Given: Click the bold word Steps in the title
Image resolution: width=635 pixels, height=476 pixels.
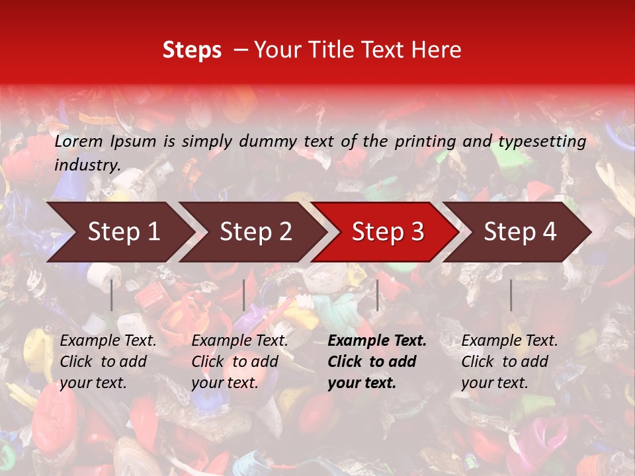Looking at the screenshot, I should click(x=192, y=50).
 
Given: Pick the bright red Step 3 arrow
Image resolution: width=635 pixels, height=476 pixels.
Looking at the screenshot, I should click(x=388, y=232).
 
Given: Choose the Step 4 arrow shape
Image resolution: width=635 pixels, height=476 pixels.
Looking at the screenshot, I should click(x=520, y=232).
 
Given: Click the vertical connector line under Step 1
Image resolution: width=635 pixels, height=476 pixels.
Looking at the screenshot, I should click(x=112, y=295).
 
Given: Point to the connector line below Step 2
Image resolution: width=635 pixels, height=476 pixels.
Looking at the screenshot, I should click(x=244, y=295).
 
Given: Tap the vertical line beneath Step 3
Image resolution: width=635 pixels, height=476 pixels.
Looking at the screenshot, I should click(x=377, y=295).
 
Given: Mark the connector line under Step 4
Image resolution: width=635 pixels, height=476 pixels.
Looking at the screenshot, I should click(x=511, y=295).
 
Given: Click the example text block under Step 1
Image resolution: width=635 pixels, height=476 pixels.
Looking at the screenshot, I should click(x=108, y=362).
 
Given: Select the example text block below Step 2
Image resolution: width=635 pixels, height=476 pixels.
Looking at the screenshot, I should click(x=239, y=362).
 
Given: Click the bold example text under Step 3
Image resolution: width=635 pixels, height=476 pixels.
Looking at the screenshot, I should click(x=377, y=362).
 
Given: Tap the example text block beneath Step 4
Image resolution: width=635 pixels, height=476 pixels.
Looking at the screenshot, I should click(x=509, y=362).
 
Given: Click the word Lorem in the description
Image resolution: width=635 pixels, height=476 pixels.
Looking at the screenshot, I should click(x=79, y=141).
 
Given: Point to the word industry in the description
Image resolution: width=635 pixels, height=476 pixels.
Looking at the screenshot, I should click(x=87, y=165).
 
